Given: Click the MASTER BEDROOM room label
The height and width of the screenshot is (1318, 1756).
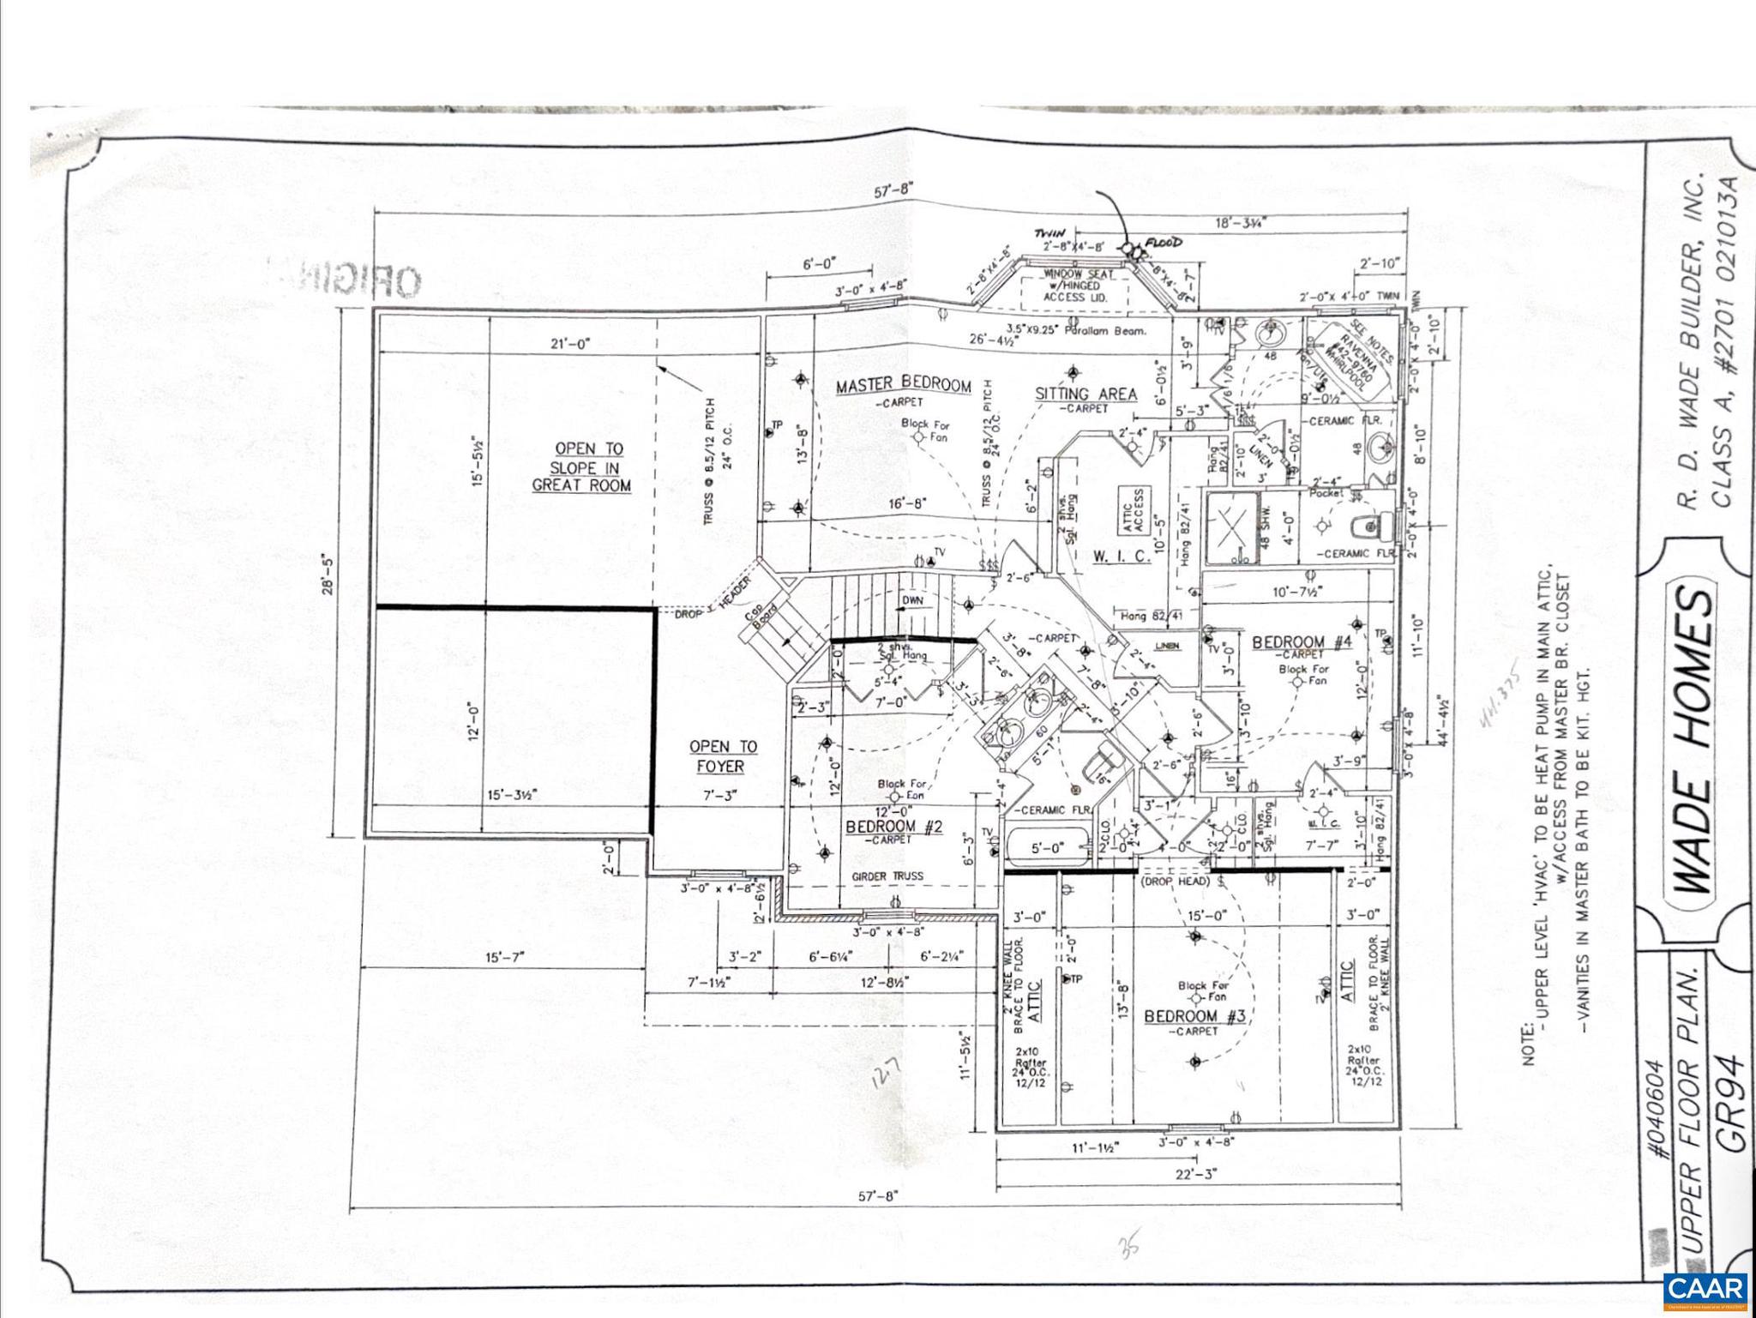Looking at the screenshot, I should pyautogui.click(x=903, y=386).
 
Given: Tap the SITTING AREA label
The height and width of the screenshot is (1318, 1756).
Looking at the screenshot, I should pyautogui.click(x=1085, y=394).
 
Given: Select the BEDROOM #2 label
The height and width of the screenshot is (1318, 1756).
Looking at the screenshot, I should pyautogui.click(x=893, y=827).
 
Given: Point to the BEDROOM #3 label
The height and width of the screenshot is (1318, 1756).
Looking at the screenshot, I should pyautogui.click(x=1194, y=1017).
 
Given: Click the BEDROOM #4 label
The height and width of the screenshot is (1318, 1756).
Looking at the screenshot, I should pyautogui.click(x=1301, y=642).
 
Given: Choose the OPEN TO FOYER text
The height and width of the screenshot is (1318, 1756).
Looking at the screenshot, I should pyautogui.click(x=723, y=756).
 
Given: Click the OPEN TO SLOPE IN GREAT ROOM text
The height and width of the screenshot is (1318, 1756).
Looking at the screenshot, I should pyautogui.click(x=582, y=466).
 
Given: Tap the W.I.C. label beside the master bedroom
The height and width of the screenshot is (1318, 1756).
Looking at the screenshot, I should pyautogui.click(x=1120, y=557).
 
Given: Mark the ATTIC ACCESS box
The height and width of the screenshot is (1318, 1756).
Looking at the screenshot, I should pyautogui.click(x=1134, y=511).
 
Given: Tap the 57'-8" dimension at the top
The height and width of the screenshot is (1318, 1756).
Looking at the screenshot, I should pyautogui.click(x=893, y=190).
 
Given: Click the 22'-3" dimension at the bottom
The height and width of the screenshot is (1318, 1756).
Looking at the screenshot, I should pyautogui.click(x=1195, y=1174).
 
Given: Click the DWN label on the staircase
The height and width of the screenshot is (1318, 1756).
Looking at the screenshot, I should pyautogui.click(x=912, y=600).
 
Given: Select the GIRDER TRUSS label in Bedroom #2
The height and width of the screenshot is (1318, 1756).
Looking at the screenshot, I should pyautogui.click(x=887, y=876).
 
